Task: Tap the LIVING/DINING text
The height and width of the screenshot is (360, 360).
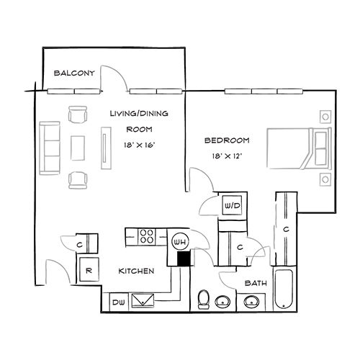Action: pyautogui.click(x=138, y=114)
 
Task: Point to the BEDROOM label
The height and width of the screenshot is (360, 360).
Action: pyautogui.click(x=227, y=140)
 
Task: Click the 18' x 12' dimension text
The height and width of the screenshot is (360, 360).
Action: pyautogui.click(x=227, y=155)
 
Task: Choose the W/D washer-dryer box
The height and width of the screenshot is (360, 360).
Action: pyautogui.click(x=233, y=206)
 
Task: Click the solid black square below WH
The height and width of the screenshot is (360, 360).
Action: pyautogui.click(x=183, y=257)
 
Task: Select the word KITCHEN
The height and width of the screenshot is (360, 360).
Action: pyautogui.click(x=136, y=271)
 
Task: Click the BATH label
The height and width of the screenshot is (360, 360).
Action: pyautogui.click(x=253, y=283)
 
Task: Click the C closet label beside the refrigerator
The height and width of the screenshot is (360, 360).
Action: pyautogui.click(x=78, y=243)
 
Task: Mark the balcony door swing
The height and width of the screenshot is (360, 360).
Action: pyautogui.click(x=114, y=78)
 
